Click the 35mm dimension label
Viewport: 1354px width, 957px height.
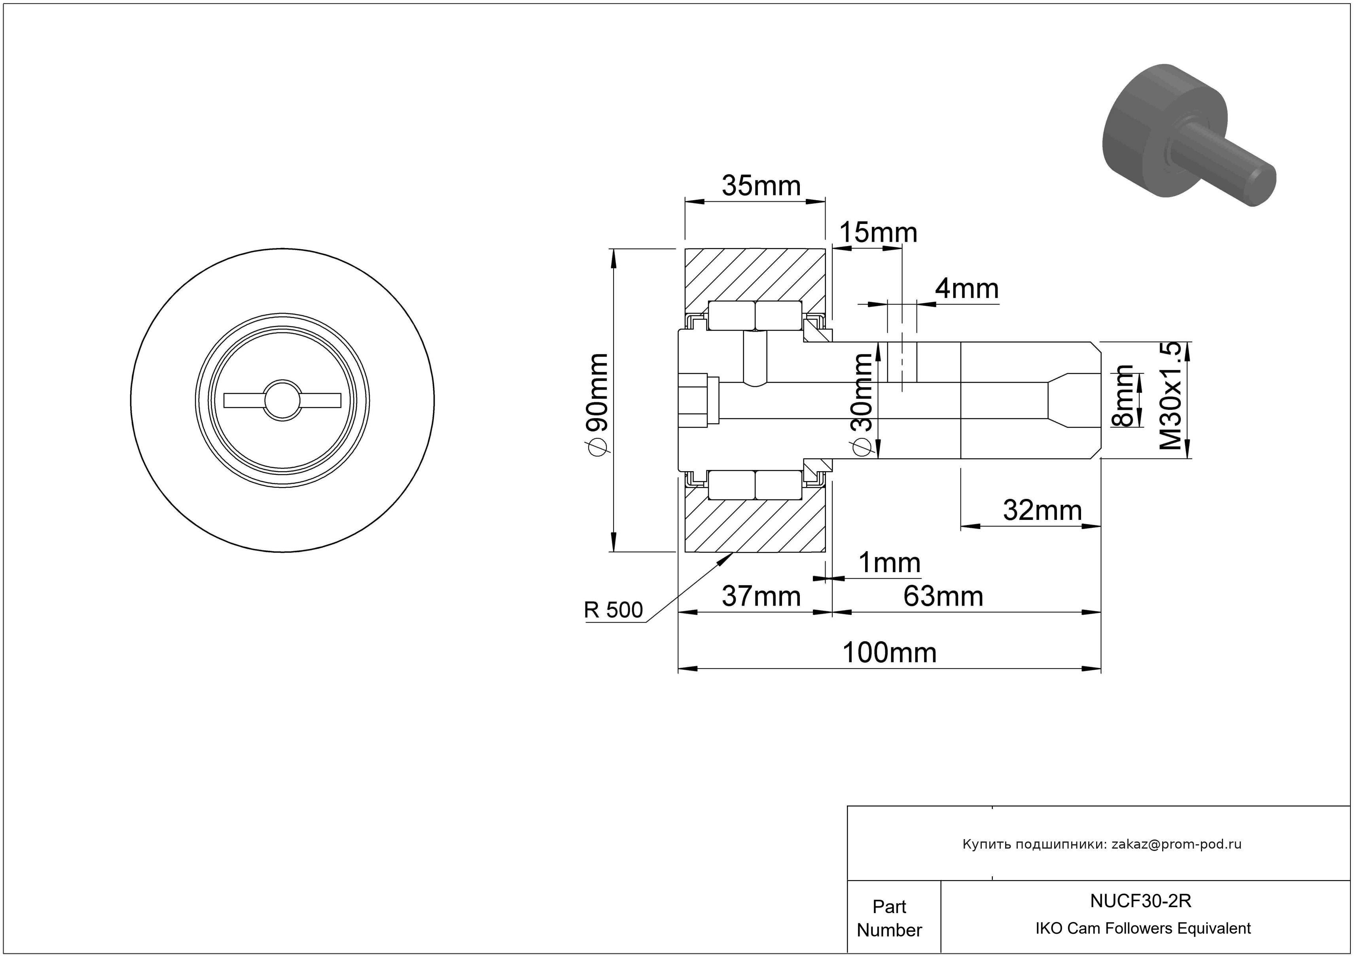click(761, 186)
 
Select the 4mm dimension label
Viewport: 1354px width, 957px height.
click(967, 289)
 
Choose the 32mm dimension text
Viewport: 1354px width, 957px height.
click(1042, 511)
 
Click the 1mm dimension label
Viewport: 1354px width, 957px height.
click(889, 563)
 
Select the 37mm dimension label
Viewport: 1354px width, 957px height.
click(761, 597)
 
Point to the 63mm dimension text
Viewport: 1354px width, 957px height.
click(943, 597)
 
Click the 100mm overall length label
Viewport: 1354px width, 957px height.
click(889, 653)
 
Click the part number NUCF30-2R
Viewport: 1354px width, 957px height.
click(1140, 901)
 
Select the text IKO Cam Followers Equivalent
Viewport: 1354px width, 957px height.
click(1143, 929)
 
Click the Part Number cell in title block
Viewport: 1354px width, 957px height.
click(889, 918)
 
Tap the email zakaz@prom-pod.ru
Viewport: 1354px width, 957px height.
click(1176, 844)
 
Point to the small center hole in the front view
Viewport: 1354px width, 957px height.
click(282, 400)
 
